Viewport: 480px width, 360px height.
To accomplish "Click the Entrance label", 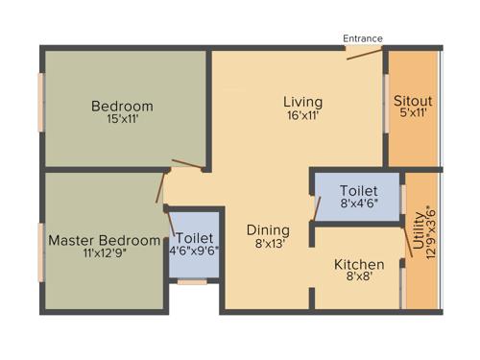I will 363,38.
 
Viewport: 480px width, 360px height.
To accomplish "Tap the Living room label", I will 302,102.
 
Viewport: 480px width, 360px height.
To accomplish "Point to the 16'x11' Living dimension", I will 302,115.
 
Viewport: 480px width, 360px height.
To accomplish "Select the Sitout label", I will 413,100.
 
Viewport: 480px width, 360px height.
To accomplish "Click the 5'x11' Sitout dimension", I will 413,113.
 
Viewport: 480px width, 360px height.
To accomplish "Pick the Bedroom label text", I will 122,106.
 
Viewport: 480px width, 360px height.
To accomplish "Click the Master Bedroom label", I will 105,240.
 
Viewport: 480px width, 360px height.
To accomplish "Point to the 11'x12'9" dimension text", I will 106,253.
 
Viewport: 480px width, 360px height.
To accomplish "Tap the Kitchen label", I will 359,264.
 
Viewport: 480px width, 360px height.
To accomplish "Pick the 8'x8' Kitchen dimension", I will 359,277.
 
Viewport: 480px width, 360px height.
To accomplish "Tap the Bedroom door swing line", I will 186,164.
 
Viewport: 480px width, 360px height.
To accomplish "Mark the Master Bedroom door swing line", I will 161,188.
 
